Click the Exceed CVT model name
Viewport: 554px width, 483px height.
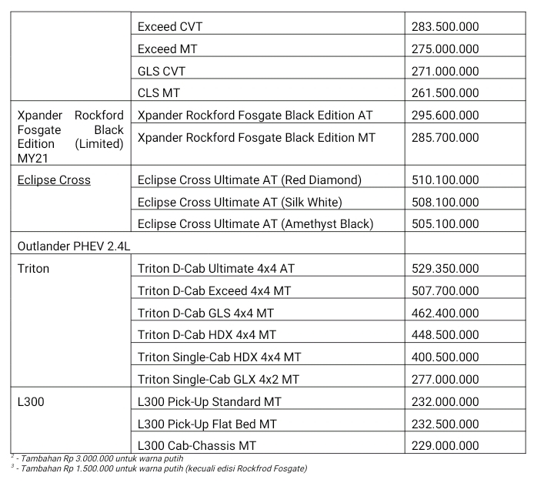click(x=170, y=27)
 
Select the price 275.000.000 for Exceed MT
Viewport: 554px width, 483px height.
click(x=446, y=49)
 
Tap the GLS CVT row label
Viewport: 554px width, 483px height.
click(x=162, y=71)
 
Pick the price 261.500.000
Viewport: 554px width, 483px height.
click(x=446, y=93)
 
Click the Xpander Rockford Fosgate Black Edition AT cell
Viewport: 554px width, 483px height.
click(x=255, y=116)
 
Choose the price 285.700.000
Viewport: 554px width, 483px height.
click(x=446, y=138)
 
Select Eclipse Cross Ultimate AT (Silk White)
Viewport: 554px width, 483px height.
click(x=239, y=203)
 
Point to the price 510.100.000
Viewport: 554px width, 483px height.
click(x=446, y=180)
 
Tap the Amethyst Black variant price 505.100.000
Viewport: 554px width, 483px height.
click(x=446, y=224)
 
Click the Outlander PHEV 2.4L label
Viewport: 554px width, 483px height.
click(x=68, y=247)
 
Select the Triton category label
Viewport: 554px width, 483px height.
click(x=33, y=269)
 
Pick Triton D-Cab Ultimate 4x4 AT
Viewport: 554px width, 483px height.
click(x=216, y=269)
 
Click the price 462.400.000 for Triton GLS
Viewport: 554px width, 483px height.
click(x=446, y=314)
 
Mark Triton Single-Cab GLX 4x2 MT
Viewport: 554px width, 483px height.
click(x=219, y=380)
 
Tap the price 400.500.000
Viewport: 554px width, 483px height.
click(x=446, y=357)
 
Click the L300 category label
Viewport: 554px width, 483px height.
click(x=32, y=402)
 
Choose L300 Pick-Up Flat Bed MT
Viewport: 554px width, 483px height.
click(x=207, y=424)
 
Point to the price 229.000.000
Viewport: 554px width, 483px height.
click(x=446, y=446)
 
